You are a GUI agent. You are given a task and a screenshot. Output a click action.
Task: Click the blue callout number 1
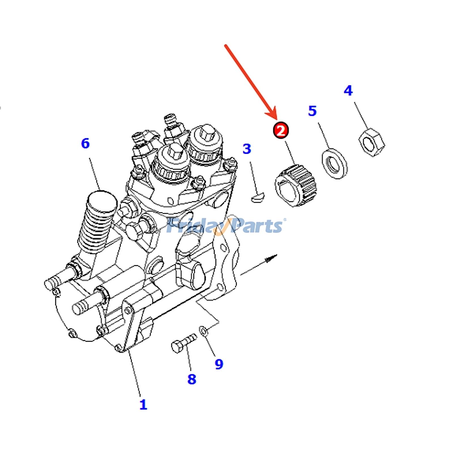(143, 404)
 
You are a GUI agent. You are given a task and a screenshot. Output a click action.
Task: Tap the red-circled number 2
(281, 131)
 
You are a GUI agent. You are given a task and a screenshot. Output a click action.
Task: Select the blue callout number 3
(247, 149)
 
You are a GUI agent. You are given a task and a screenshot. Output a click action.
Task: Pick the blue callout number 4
(348, 90)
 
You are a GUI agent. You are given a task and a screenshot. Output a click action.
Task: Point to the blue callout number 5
(312, 111)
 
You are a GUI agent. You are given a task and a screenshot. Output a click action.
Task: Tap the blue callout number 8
(192, 379)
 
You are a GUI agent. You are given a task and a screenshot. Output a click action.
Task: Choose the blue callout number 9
(219, 364)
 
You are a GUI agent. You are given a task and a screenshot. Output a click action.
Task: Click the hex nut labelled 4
(372, 142)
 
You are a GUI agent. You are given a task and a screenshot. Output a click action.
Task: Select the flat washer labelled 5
(335, 163)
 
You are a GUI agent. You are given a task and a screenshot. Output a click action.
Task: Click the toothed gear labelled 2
(296, 185)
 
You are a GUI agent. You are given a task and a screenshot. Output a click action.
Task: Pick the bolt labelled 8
(184, 343)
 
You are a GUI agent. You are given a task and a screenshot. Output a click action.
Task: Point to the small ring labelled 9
(203, 331)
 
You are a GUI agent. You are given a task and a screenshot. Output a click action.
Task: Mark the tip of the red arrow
(277, 119)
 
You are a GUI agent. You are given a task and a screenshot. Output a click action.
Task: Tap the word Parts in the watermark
(255, 226)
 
